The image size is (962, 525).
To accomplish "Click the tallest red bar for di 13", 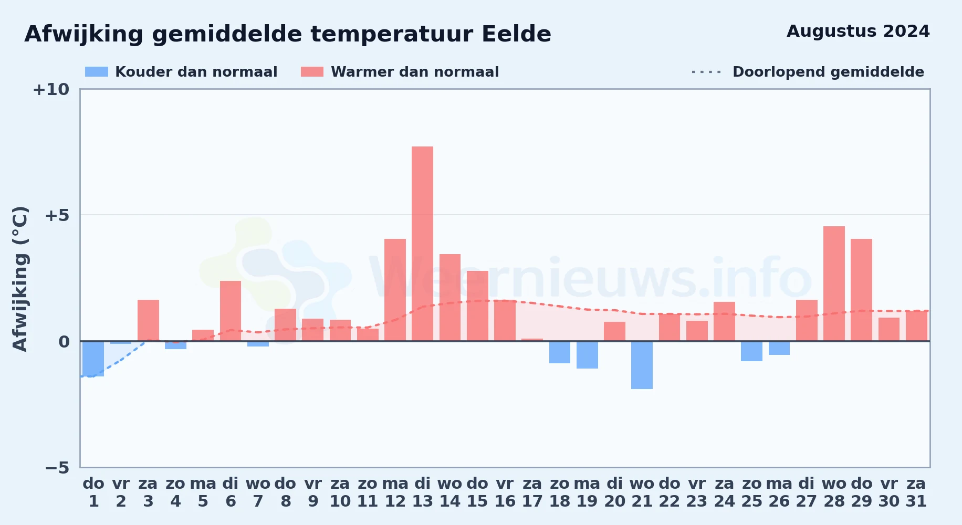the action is pyautogui.click(x=422, y=244).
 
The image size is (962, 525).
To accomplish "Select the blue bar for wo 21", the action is pyautogui.click(x=642, y=365).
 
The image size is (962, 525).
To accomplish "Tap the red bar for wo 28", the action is pyautogui.click(x=834, y=283).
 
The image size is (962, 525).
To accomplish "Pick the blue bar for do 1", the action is pyautogui.click(x=93, y=359).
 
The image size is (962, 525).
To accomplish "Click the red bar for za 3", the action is pyautogui.click(x=148, y=320).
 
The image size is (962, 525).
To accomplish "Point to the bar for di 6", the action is pyautogui.click(x=231, y=311).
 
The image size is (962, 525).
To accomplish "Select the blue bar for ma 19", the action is pyautogui.click(x=587, y=355).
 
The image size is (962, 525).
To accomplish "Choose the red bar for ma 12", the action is pyautogui.click(x=395, y=290).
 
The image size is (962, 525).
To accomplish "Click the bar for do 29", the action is pyautogui.click(x=861, y=290).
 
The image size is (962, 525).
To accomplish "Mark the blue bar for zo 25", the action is pyautogui.click(x=751, y=351).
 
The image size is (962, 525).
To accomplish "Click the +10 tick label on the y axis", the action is pyautogui.click(x=51, y=89).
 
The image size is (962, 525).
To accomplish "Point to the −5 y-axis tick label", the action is pyautogui.click(x=57, y=467).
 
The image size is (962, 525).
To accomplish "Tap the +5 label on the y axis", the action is pyautogui.click(x=57, y=215).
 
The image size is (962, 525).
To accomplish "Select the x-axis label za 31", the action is pyautogui.click(x=916, y=492).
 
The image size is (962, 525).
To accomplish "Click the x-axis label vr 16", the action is pyautogui.click(x=505, y=492).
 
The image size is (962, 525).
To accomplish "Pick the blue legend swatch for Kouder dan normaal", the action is pyautogui.click(x=97, y=72).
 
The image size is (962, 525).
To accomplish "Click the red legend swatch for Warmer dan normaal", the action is pyautogui.click(x=312, y=72).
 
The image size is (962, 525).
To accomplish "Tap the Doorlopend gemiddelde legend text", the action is pyautogui.click(x=828, y=72).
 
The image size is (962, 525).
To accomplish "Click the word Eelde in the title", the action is pyautogui.click(x=516, y=34).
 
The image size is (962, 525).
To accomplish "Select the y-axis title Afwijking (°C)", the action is pyautogui.click(x=20, y=279).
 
